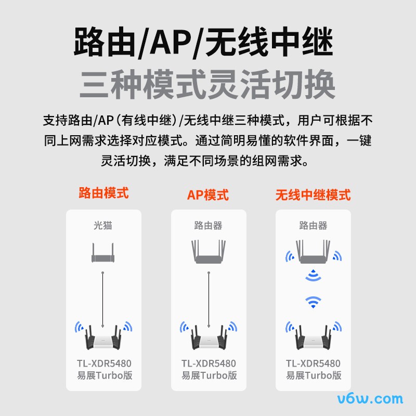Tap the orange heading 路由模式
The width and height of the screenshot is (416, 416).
coord(103,193)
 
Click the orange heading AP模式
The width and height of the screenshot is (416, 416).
coord(208,195)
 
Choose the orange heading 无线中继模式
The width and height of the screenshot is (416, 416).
coord(313,195)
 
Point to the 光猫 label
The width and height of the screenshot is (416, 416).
coord(103,226)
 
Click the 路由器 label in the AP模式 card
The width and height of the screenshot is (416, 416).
coord(208,226)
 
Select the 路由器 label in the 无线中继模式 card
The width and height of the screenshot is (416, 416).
coord(313,226)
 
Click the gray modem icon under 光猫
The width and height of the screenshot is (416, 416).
coord(103,253)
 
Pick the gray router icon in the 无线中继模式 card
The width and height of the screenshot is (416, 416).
coord(313,252)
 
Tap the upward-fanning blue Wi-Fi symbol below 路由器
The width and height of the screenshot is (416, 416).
coord(313,302)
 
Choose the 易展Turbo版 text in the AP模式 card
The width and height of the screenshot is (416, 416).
coord(209,375)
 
